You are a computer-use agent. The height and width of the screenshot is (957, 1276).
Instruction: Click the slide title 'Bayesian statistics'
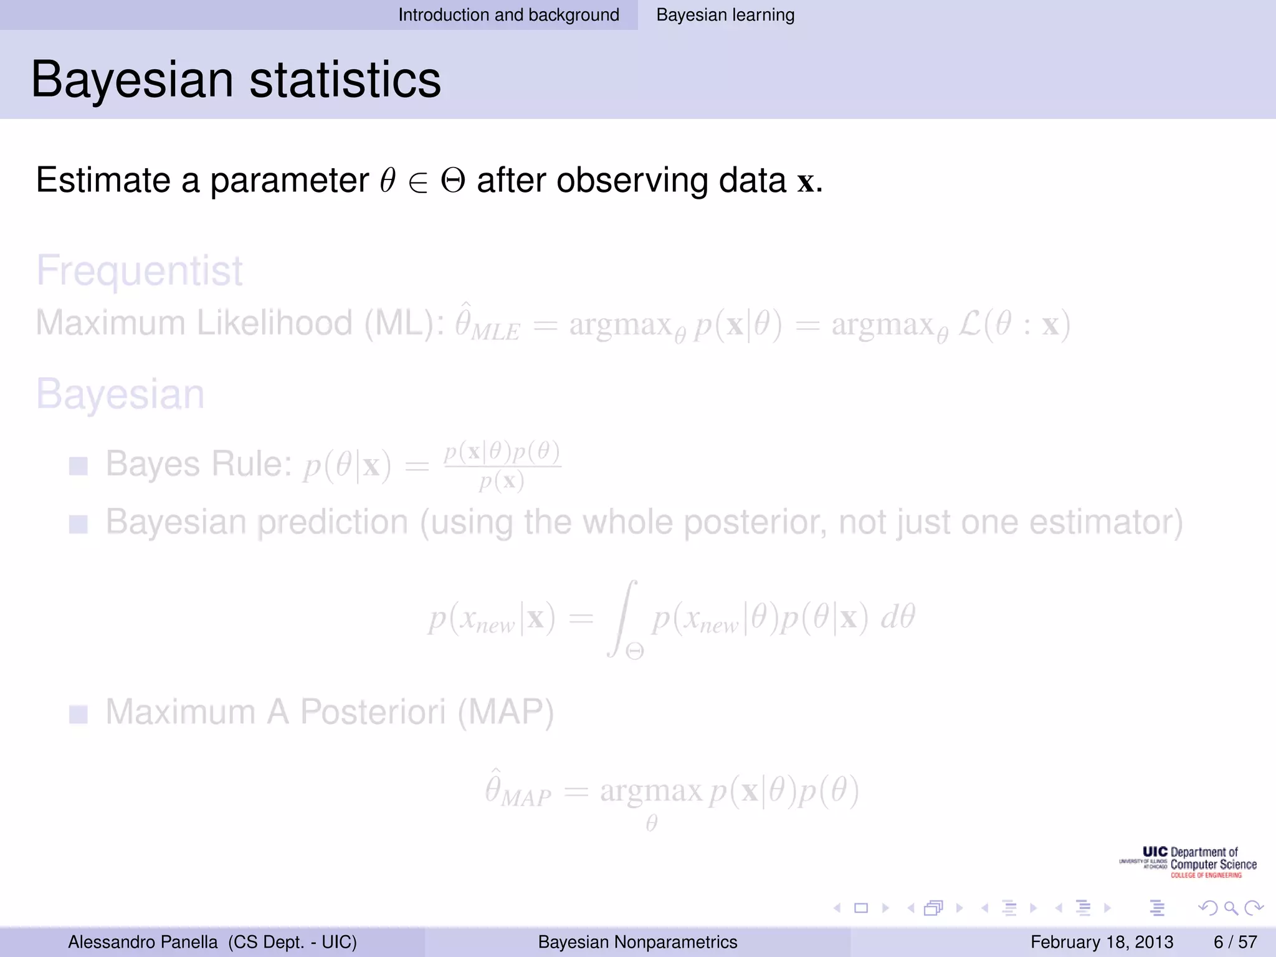236,80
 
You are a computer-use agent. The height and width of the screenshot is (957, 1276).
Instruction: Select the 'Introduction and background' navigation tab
508,15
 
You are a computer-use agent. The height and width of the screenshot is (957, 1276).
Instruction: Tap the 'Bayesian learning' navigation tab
725,15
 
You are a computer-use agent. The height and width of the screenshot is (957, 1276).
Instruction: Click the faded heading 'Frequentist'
139,270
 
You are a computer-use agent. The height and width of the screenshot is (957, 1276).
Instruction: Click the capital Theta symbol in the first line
453,181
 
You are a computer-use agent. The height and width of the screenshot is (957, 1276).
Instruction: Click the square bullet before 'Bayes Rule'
79,465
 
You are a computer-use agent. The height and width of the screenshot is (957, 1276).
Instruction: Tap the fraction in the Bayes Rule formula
502,466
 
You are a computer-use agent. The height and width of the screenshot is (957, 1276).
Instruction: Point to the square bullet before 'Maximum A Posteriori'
79,714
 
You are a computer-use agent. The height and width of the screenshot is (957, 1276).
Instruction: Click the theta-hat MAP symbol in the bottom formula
517,791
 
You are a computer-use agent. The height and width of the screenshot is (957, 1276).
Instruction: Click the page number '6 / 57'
1235,942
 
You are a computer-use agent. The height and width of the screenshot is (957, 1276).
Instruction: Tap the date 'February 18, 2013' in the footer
1102,942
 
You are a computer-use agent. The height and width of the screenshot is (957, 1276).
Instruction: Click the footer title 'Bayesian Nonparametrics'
637,942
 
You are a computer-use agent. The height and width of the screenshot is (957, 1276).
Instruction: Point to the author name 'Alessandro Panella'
143,942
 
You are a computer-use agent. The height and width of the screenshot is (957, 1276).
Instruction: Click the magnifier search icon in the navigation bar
1231,908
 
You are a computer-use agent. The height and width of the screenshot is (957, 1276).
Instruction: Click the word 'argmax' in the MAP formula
651,791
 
